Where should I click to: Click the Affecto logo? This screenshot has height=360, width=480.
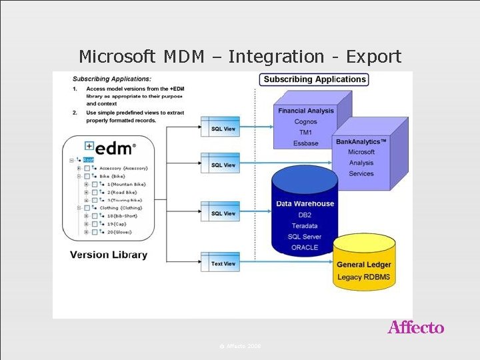click(416, 327)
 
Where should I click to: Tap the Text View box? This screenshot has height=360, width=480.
click(223, 264)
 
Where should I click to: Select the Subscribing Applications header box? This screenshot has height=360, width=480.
click(315, 79)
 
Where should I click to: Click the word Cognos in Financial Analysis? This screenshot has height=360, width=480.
click(305, 122)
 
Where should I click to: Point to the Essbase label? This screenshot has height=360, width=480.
click(305, 143)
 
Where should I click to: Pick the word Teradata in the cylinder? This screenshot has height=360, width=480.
click(305, 226)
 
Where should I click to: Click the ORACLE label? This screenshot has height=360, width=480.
click(305, 247)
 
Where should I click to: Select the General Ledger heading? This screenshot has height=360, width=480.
click(364, 265)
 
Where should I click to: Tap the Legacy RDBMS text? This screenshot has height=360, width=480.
click(364, 277)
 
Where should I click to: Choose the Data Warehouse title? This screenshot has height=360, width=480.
click(305, 204)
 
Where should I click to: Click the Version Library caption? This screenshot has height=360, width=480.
click(109, 255)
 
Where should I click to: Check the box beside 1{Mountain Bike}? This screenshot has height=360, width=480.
click(95, 184)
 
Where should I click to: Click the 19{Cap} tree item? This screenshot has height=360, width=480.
click(116, 224)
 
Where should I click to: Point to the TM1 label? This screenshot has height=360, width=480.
click(305, 133)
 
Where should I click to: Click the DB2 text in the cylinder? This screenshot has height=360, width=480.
click(305, 215)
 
